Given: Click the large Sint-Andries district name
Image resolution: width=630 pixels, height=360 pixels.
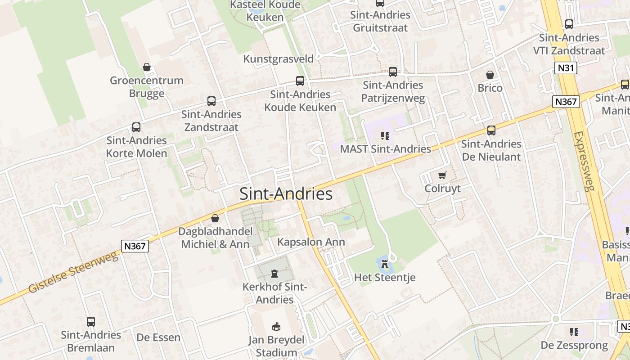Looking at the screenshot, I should pyautogui.click(x=286, y=193).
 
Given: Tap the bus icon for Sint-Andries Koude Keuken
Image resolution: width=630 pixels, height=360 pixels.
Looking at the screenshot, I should pyautogui.click(x=300, y=81).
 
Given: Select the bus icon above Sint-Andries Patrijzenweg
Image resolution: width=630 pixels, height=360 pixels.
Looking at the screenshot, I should pyautogui.click(x=393, y=72).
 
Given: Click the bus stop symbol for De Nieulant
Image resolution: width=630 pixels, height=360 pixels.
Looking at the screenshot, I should pyautogui.click(x=491, y=130).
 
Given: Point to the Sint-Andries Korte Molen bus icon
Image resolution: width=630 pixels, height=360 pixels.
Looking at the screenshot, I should pyautogui.click(x=136, y=127).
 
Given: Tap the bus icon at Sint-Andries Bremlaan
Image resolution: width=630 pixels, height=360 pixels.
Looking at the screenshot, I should pyautogui.click(x=91, y=321).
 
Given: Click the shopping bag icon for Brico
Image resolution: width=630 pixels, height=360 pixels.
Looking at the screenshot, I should pyautogui.click(x=490, y=75).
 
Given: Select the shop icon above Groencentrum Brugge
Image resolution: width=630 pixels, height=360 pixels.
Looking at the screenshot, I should pyautogui.click(x=147, y=67).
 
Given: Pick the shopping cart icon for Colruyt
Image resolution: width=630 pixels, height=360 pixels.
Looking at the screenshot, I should pyautogui.click(x=442, y=175).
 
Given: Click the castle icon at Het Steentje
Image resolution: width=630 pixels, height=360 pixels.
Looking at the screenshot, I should pyautogui.click(x=385, y=264).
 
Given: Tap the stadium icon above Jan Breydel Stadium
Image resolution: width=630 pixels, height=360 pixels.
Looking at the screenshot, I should pyautogui.click(x=276, y=326).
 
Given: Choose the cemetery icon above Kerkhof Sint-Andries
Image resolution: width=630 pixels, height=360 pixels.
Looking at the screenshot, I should pyautogui.click(x=274, y=273).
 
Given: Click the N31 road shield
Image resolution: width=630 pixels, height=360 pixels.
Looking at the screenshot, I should pyautogui.click(x=565, y=68).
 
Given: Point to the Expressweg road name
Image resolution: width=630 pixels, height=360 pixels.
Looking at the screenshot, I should pyautogui.click(x=584, y=161).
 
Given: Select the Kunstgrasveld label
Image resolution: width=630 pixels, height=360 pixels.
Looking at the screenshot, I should pyautogui.click(x=278, y=59).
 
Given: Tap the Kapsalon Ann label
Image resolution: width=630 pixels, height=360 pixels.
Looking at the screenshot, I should pyautogui.click(x=311, y=242).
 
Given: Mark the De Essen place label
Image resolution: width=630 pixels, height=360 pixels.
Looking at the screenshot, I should pyautogui.click(x=158, y=337).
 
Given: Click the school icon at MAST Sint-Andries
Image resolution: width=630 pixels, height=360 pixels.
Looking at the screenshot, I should pyautogui.click(x=385, y=135).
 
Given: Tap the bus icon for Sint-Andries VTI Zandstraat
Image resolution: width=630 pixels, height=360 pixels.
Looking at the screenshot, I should pyautogui.click(x=569, y=24).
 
